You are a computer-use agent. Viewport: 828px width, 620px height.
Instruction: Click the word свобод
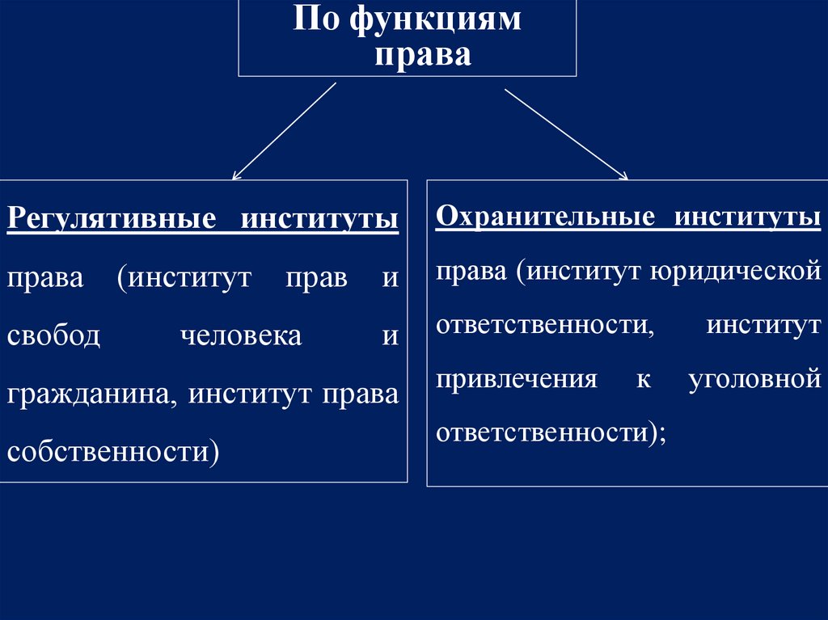click(x=54, y=335)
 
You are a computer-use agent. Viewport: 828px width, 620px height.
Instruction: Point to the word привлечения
click(x=517, y=378)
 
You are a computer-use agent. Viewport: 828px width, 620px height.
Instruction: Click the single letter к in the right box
click(x=643, y=378)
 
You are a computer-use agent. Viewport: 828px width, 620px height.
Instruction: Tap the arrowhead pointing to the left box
click(x=235, y=175)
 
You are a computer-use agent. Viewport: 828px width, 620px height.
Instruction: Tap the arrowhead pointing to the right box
click(x=623, y=175)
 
